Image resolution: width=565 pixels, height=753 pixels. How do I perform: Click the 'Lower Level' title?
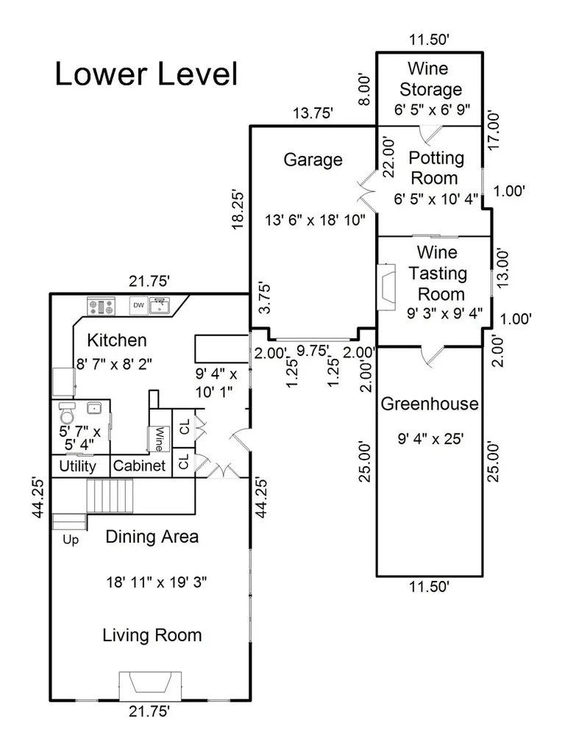[x=146, y=74]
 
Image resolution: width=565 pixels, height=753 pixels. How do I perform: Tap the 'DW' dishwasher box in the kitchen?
[x=138, y=305]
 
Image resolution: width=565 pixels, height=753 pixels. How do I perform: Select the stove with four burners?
[x=102, y=306]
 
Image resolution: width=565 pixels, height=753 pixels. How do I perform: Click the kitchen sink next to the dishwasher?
[x=159, y=305]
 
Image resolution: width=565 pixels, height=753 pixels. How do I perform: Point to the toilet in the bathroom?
[x=66, y=412]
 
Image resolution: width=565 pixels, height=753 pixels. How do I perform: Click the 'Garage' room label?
[x=313, y=160]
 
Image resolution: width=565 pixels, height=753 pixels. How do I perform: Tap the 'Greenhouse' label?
[x=430, y=404]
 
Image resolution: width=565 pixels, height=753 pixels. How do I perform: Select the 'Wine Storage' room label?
[x=430, y=79]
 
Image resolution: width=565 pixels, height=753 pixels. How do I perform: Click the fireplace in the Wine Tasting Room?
[x=386, y=288]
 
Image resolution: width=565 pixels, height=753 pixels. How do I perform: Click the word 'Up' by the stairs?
[x=71, y=540]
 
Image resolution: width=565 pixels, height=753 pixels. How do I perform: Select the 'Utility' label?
[x=77, y=465]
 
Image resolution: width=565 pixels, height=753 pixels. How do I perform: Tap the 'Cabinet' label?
[x=139, y=465]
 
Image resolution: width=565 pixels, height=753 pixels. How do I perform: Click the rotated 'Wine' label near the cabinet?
[x=159, y=438]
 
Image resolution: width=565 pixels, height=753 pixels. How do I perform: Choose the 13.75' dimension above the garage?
[x=313, y=113]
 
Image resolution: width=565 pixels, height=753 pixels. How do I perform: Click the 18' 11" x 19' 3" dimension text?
[x=157, y=582]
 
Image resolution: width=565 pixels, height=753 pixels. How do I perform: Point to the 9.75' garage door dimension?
[x=313, y=351]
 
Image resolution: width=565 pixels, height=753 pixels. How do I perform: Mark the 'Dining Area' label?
[x=152, y=536]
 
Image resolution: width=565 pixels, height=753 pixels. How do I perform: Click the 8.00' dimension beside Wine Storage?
[x=365, y=90]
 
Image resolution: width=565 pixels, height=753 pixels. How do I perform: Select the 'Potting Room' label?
[x=436, y=168]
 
